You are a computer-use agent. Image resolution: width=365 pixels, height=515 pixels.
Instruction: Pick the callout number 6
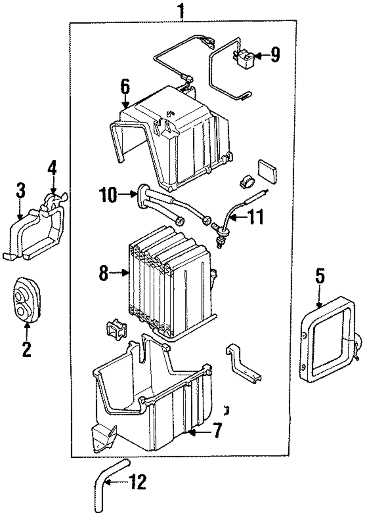(125, 87)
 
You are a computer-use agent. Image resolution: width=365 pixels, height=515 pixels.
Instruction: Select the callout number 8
(104, 273)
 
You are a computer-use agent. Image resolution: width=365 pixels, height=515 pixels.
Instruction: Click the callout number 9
(275, 55)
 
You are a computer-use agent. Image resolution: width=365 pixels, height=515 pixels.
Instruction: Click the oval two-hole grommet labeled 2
(27, 299)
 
